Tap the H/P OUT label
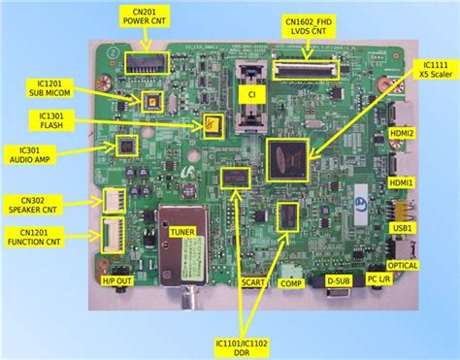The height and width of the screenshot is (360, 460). coord(115,281)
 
